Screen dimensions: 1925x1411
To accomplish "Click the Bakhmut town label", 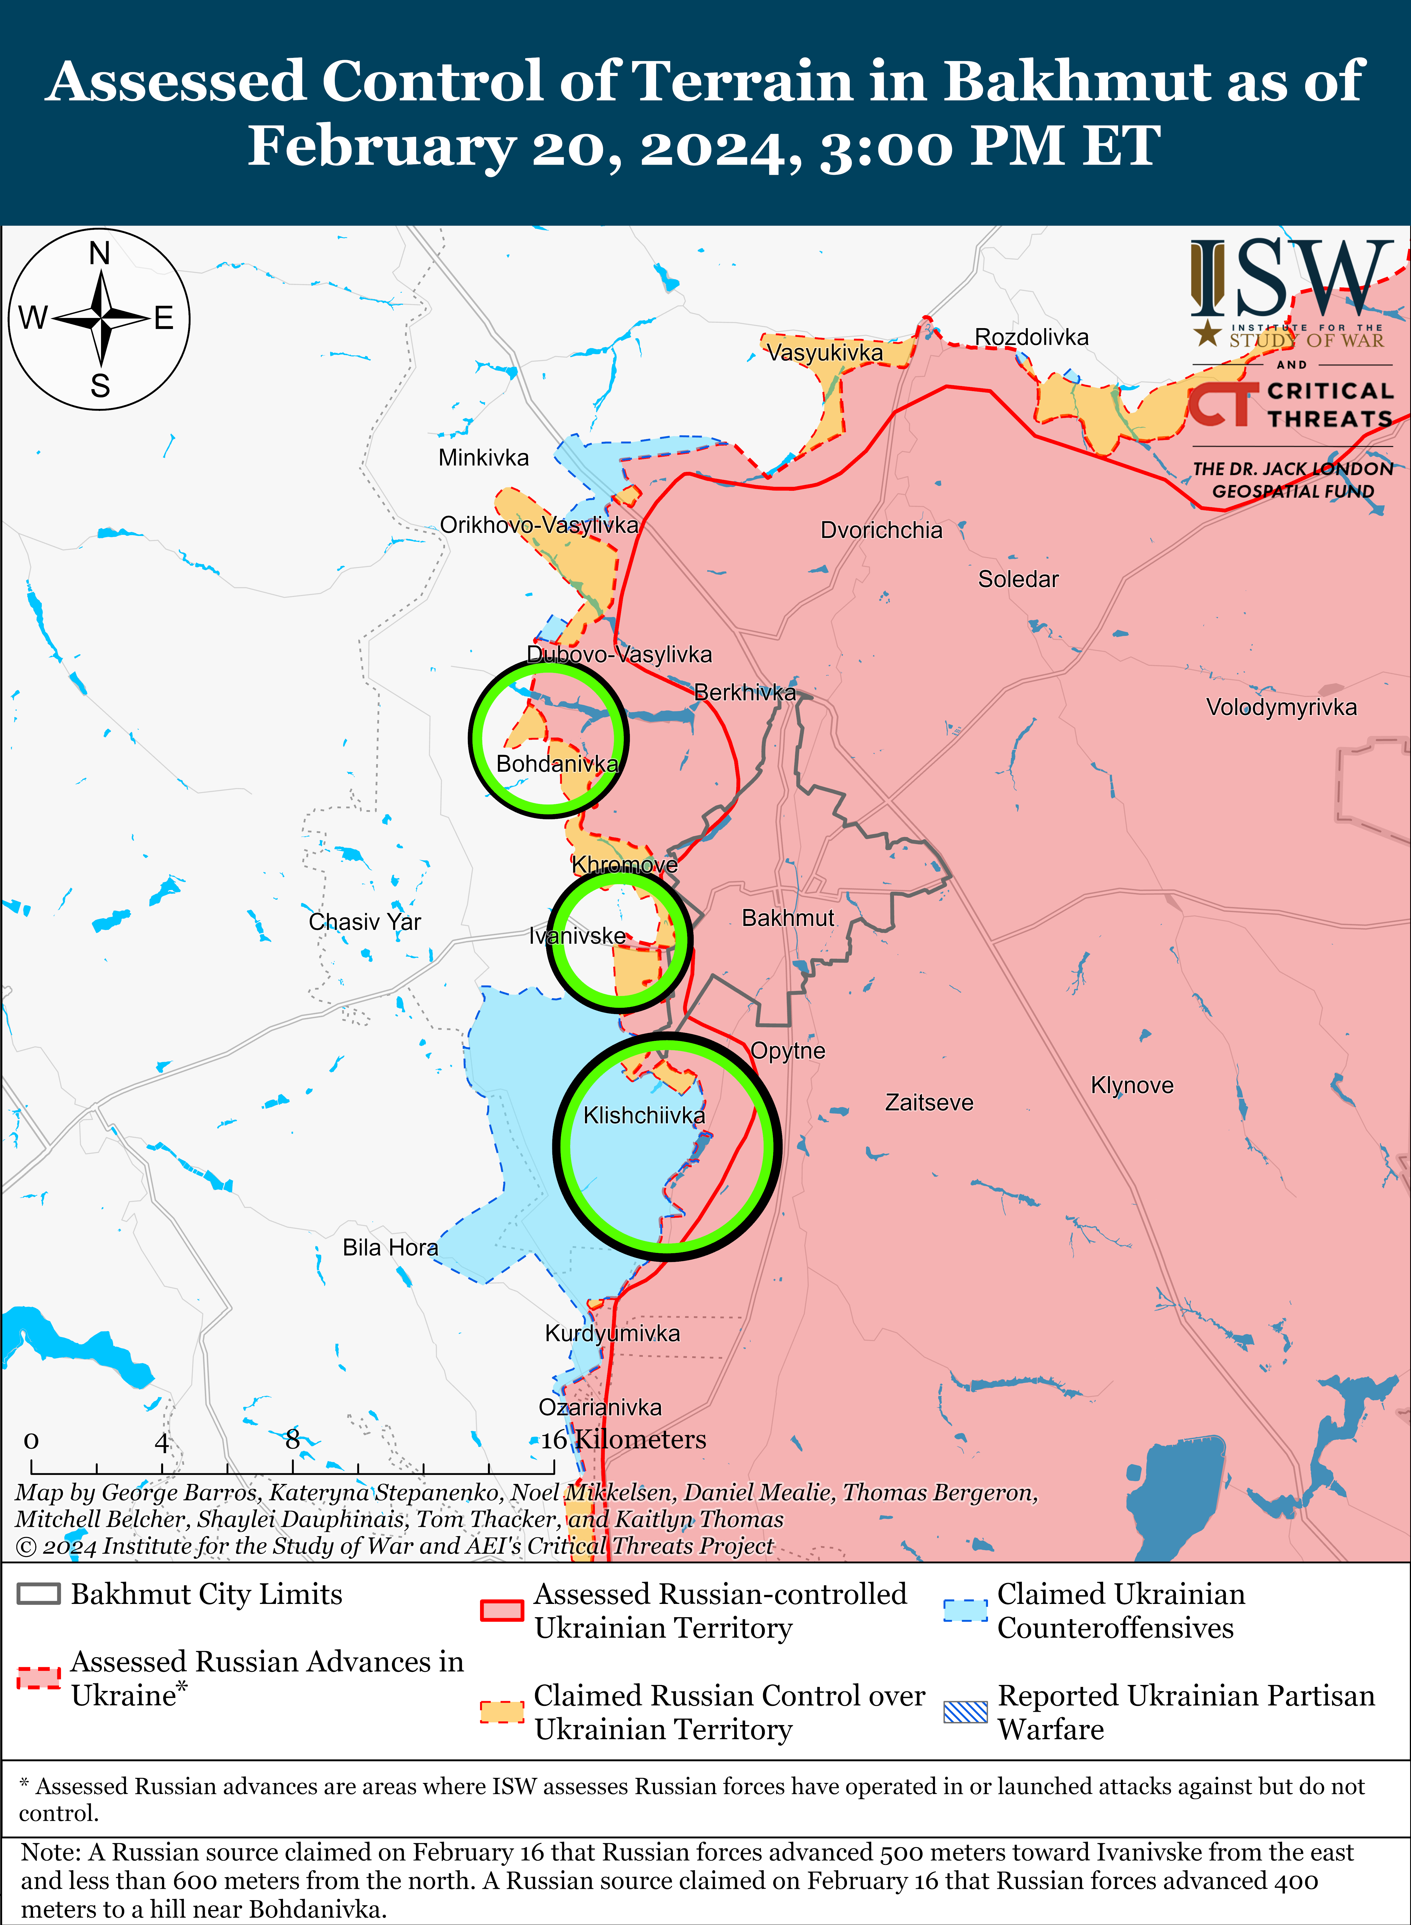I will point(788,918).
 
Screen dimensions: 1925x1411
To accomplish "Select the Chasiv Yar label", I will point(365,922).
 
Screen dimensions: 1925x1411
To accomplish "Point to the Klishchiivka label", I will point(644,1115).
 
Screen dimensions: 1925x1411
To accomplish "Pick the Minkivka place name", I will point(483,458).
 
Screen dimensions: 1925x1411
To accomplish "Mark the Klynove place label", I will point(1132,1085).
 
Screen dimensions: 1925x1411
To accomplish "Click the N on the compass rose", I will point(100,254).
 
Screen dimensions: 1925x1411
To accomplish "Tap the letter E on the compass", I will point(164,319).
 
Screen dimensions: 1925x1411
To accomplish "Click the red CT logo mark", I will point(1221,404).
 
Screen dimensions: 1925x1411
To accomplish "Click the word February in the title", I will point(382,145).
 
